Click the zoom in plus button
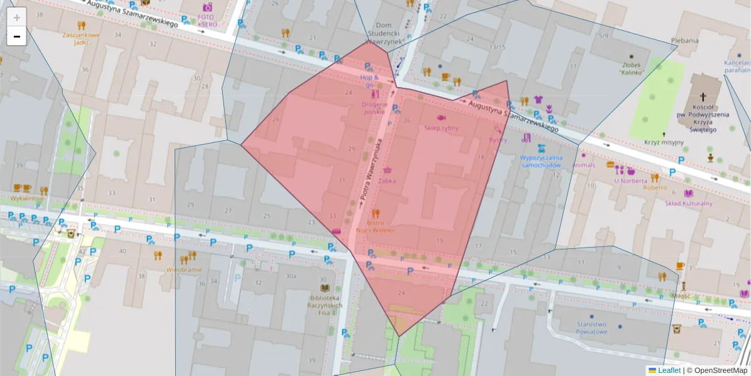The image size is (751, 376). (x=17, y=17)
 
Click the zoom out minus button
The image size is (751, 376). (x=17, y=36)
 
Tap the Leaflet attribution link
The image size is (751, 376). (x=669, y=370)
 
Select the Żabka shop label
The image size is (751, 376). (x=387, y=180)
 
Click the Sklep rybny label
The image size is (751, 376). (x=441, y=128)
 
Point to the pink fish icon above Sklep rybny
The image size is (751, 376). (x=441, y=117)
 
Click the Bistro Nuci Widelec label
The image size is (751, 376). (x=375, y=226)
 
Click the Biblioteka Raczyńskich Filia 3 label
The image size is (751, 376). (x=324, y=305)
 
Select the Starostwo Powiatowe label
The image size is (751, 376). (x=591, y=328)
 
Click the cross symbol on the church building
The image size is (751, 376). (x=703, y=97)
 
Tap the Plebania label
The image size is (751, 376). (x=685, y=41)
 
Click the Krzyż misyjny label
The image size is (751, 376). (x=664, y=142)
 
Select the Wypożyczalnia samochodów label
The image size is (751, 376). (x=541, y=162)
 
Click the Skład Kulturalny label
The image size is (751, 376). (x=688, y=203)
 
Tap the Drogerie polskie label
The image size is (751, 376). (x=375, y=108)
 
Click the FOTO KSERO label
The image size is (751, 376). (x=207, y=21)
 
